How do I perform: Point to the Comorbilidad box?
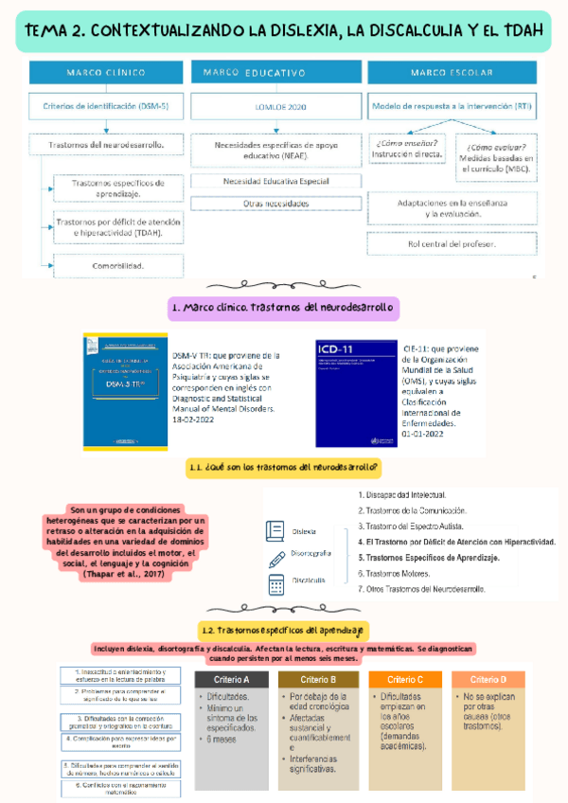pos(119,265)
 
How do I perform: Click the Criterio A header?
pos(233,680)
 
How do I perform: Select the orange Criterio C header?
pos(406,680)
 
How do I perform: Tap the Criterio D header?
pos(488,680)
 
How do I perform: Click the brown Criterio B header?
pos(318,680)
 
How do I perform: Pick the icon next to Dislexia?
pos(275,531)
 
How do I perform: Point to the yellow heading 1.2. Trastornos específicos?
pos(283,629)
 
